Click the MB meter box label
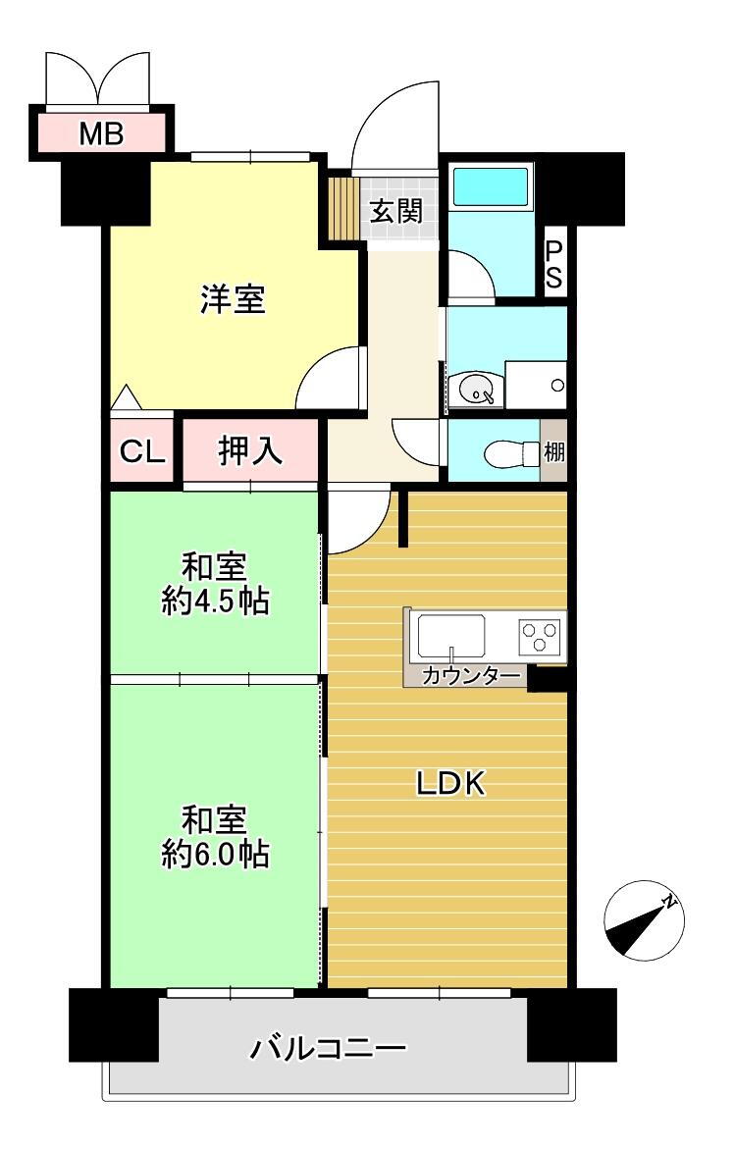[x=102, y=133]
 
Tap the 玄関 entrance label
[x=396, y=211]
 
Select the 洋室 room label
[x=233, y=299]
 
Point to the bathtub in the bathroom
[x=490, y=186]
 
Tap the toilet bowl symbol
[x=503, y=453]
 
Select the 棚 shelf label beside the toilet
[x=554, y=453]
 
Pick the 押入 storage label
[x=250, y=450]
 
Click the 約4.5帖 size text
[x=216, y=601]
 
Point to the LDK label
[x=450, y=783]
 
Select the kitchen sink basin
[x=451, y=636]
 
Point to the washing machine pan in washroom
[x=536, y=385]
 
